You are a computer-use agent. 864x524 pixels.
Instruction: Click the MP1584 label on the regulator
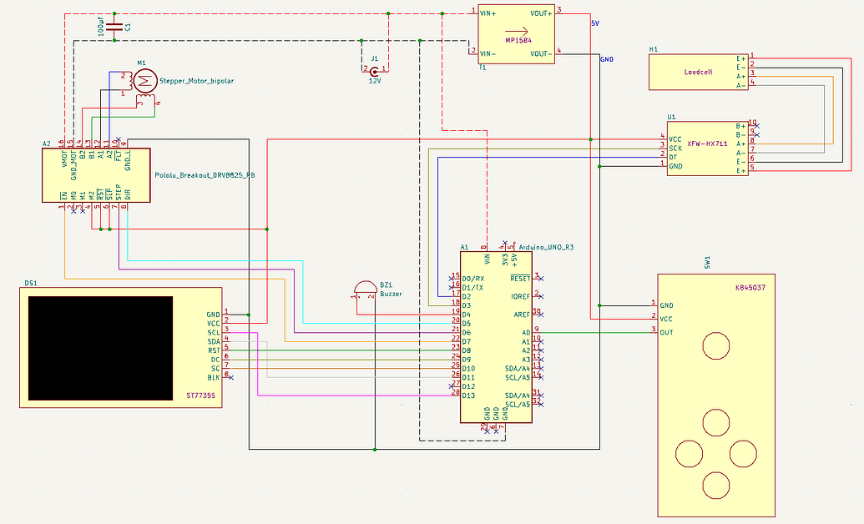pyautogui.click(x=518, y=39)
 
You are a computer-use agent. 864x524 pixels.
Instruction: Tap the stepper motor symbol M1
pyautogui.click(x=146, y=80)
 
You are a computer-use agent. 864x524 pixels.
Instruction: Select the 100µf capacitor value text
pyautogui.click(x=102, y=27)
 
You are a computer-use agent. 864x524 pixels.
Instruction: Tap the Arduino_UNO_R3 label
pyautogui.click(x=546, y=248)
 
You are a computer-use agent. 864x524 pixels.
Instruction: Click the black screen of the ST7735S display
pyautogui.click(x=100, y=346)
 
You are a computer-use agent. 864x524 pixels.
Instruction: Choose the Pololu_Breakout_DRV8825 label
pyautogui.click(x=205, y=175)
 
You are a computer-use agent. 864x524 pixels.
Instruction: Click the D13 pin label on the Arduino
pyautogui.click(x=469, y=395)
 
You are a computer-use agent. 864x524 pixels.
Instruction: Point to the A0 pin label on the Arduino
pyautogui.click(x=526, y=332)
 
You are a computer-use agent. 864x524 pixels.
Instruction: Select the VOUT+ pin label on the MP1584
pyautogui.click(x=540, y=13)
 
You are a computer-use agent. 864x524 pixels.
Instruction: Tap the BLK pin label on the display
pyautogui.click(x=214, y=377)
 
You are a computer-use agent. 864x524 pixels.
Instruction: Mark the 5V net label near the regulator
pyautogui.click(x=594, y=23)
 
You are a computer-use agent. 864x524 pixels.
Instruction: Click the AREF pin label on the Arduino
pyautogui.click(x=522, y=314)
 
